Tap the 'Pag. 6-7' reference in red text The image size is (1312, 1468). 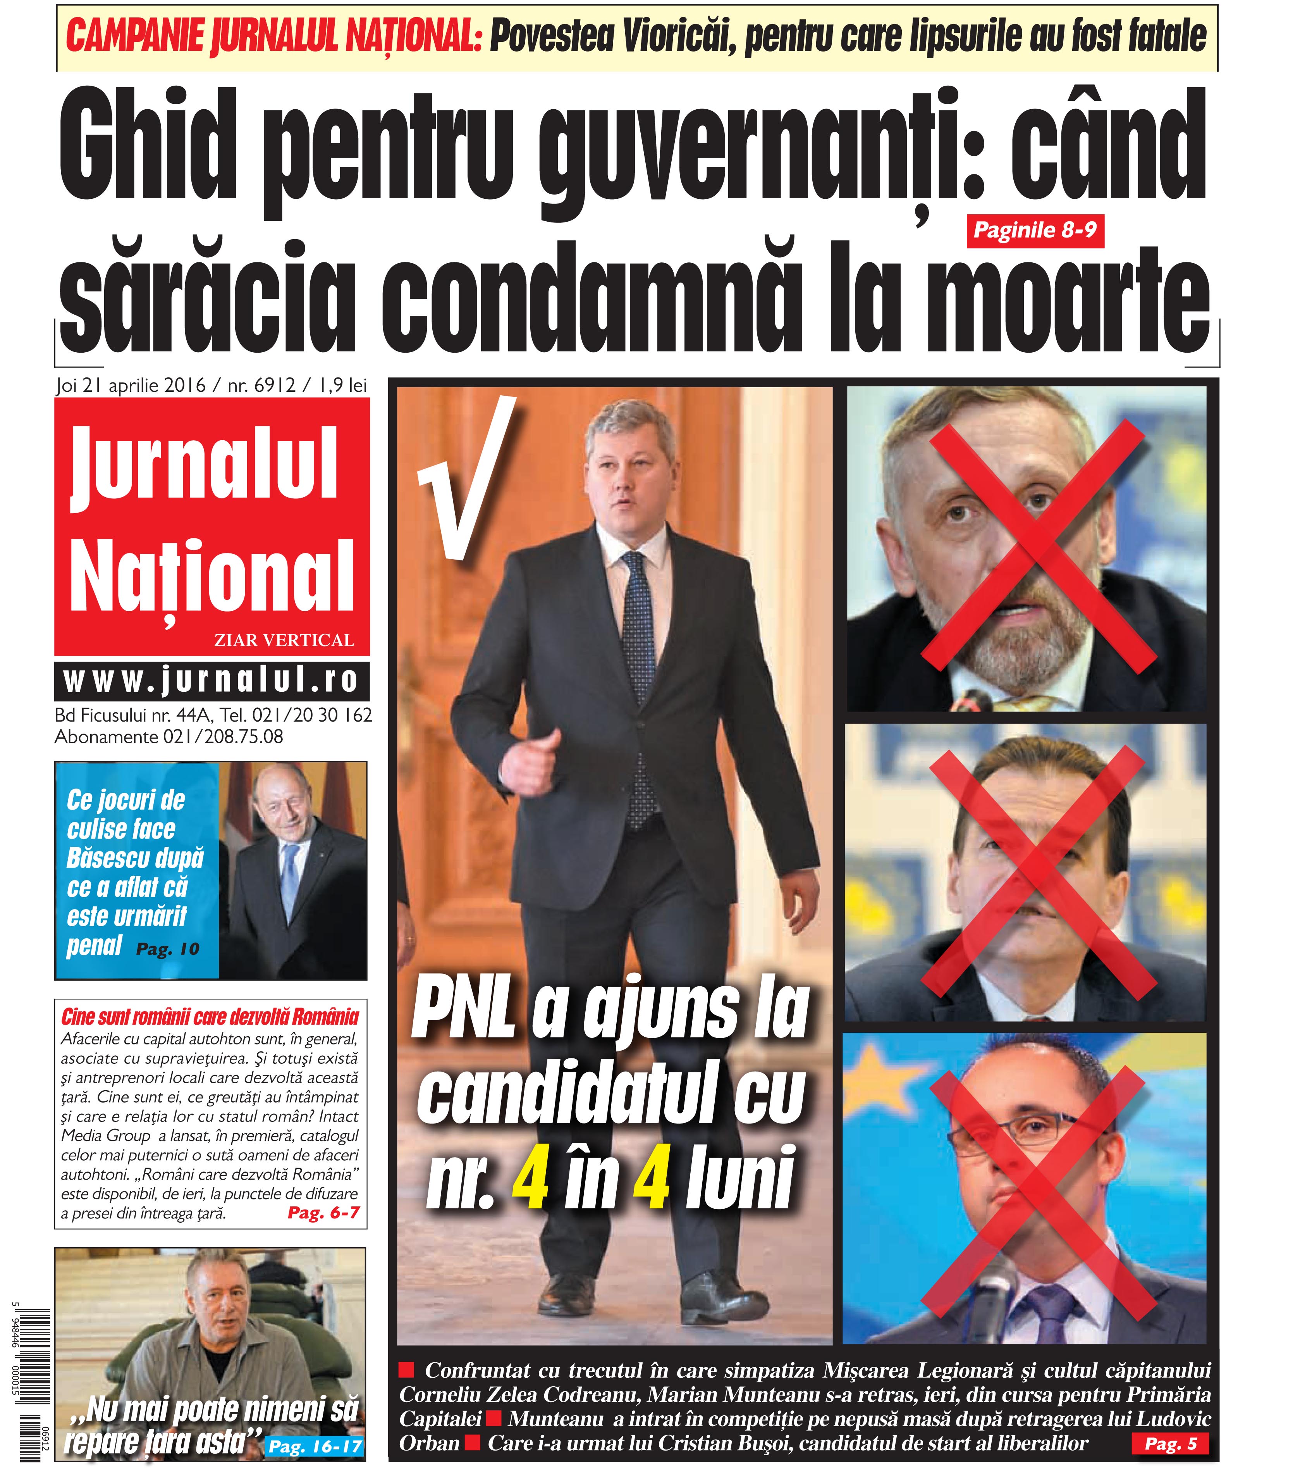323,1213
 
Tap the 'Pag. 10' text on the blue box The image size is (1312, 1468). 167,949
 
